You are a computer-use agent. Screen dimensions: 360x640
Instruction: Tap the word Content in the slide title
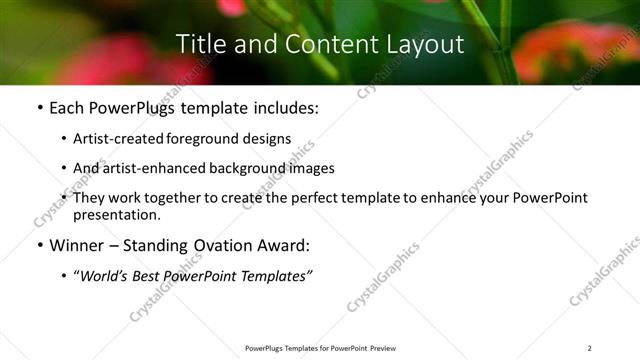pyautogui.click(x=320, y=45)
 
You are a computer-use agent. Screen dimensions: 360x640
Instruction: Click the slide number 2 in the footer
pyautogui.click(x=590, y=348)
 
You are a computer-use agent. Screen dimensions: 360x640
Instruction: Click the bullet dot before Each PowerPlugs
pyautogui.click(x=39, y=109)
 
